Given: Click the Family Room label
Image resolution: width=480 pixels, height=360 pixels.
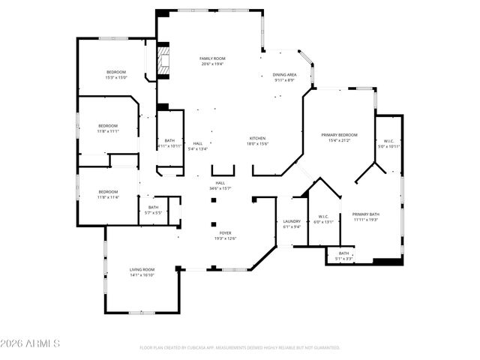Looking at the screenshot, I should point(211,58).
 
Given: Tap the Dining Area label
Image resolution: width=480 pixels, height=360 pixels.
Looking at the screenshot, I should point(283,75).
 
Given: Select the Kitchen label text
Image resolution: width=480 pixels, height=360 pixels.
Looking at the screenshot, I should point(257,139).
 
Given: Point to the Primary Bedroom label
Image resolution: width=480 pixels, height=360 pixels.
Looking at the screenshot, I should point(339,135).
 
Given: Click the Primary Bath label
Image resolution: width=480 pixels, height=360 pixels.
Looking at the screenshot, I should point(366,214).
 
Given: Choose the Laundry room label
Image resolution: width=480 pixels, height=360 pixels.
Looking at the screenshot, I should point(292,221).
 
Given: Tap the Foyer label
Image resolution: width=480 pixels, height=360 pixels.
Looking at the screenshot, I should point(226,233).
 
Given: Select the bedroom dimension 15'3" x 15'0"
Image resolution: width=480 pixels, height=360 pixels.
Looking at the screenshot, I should point(116,77).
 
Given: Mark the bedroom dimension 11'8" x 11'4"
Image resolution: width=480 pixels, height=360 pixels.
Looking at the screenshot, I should point(108,197).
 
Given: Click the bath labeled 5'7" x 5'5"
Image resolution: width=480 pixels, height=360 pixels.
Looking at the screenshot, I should point(153,213).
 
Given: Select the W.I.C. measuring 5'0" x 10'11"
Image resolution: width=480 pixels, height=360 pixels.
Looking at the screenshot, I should point(388,146).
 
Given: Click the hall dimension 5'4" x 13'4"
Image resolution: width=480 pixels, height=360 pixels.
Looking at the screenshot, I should point(197,148).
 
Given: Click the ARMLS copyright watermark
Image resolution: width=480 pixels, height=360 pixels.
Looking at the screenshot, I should point(30,343).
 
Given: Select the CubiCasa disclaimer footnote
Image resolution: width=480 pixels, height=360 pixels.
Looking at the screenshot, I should point(240,348).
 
